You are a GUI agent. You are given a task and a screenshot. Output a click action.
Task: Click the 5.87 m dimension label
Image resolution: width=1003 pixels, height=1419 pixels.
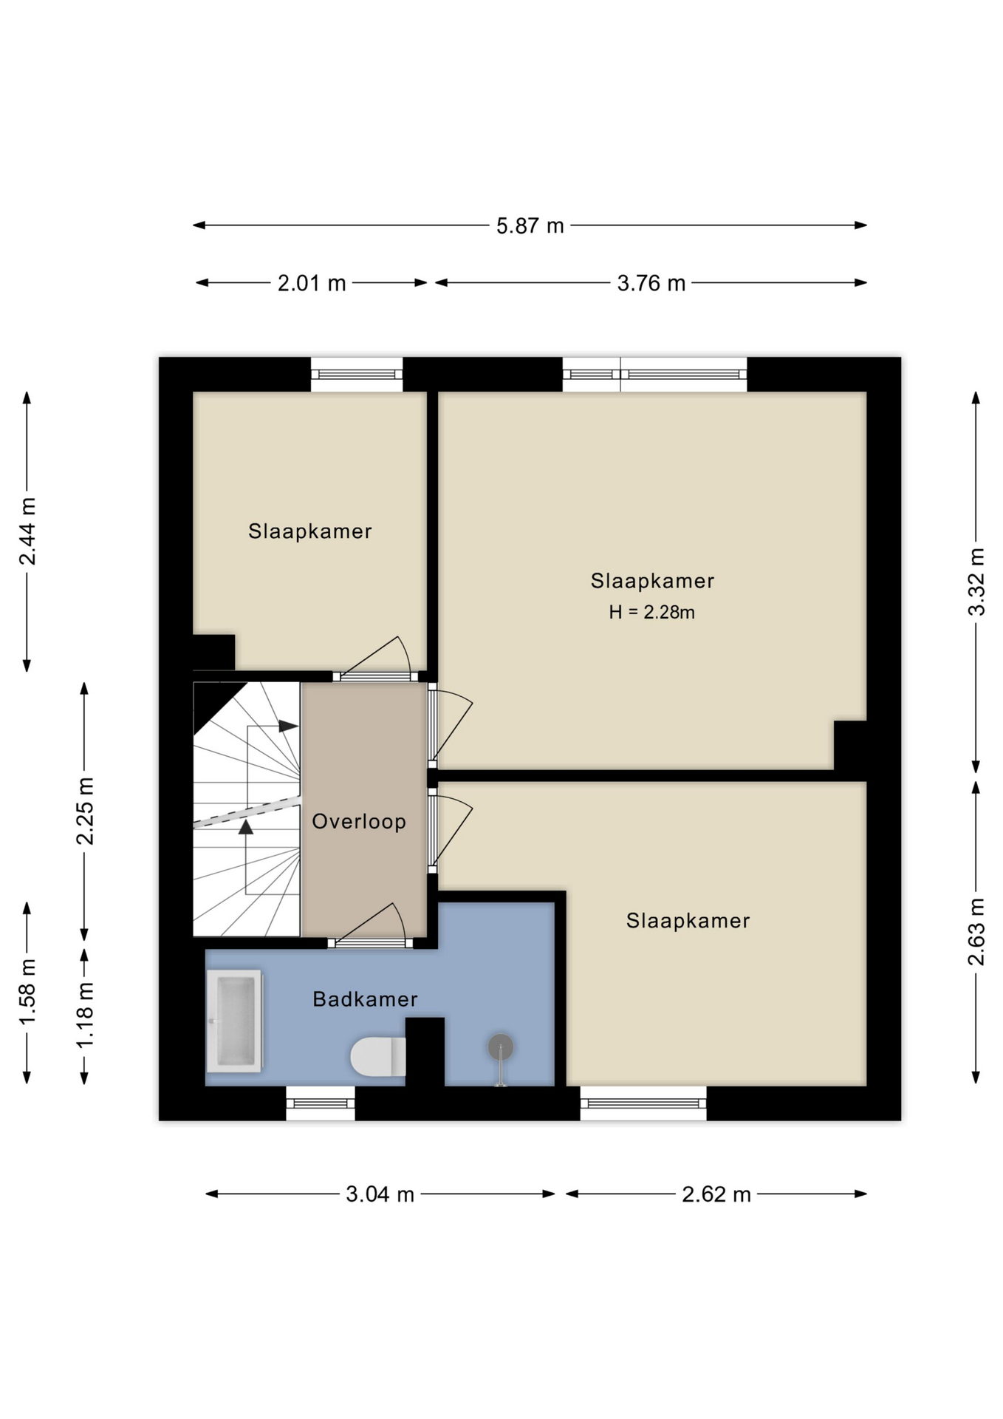click(530, 225)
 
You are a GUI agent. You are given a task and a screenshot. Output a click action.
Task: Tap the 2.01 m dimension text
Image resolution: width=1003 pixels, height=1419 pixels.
click(312, 283)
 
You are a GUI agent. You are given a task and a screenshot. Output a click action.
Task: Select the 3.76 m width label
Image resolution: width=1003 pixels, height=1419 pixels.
click(651, 283)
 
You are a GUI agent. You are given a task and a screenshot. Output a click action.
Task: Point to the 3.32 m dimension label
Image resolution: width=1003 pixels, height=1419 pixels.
click(976, 582)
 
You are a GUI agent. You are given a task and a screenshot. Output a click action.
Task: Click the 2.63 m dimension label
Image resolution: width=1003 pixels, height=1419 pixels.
click(976, 931)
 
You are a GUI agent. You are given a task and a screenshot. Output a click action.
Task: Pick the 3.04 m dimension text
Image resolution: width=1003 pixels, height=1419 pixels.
click(380, 1194)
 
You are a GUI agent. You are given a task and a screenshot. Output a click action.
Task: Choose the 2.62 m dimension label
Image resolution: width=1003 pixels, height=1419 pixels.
click(716, 1194)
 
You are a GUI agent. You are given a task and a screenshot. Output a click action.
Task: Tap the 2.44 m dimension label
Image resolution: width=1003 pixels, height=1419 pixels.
click(27, 531)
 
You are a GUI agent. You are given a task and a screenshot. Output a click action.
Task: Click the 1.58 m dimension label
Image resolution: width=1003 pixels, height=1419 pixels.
click(27, 992)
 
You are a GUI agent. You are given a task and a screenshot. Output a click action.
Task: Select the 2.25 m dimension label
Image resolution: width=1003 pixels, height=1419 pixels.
click(85, 811)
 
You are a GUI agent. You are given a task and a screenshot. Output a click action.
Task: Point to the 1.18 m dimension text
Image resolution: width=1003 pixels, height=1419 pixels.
click(85, 1014)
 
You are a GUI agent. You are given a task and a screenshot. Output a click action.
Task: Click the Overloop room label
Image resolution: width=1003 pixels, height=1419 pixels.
click(359, 822)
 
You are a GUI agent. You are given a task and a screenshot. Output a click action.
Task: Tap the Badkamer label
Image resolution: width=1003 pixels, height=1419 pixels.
click(365, 999)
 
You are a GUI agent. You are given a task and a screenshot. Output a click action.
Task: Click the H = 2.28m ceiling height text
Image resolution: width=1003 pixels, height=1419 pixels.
click(651, 612)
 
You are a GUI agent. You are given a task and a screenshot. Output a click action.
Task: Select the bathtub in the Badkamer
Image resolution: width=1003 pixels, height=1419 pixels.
click(234, 1021)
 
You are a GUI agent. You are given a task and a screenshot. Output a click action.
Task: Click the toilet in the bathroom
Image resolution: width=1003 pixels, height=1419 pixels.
click(377, 1057)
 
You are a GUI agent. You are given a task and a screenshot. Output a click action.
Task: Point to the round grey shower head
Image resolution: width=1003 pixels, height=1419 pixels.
click(500, 1047)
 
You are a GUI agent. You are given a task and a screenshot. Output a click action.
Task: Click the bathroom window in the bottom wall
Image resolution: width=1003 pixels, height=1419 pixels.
click(321, 1103)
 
